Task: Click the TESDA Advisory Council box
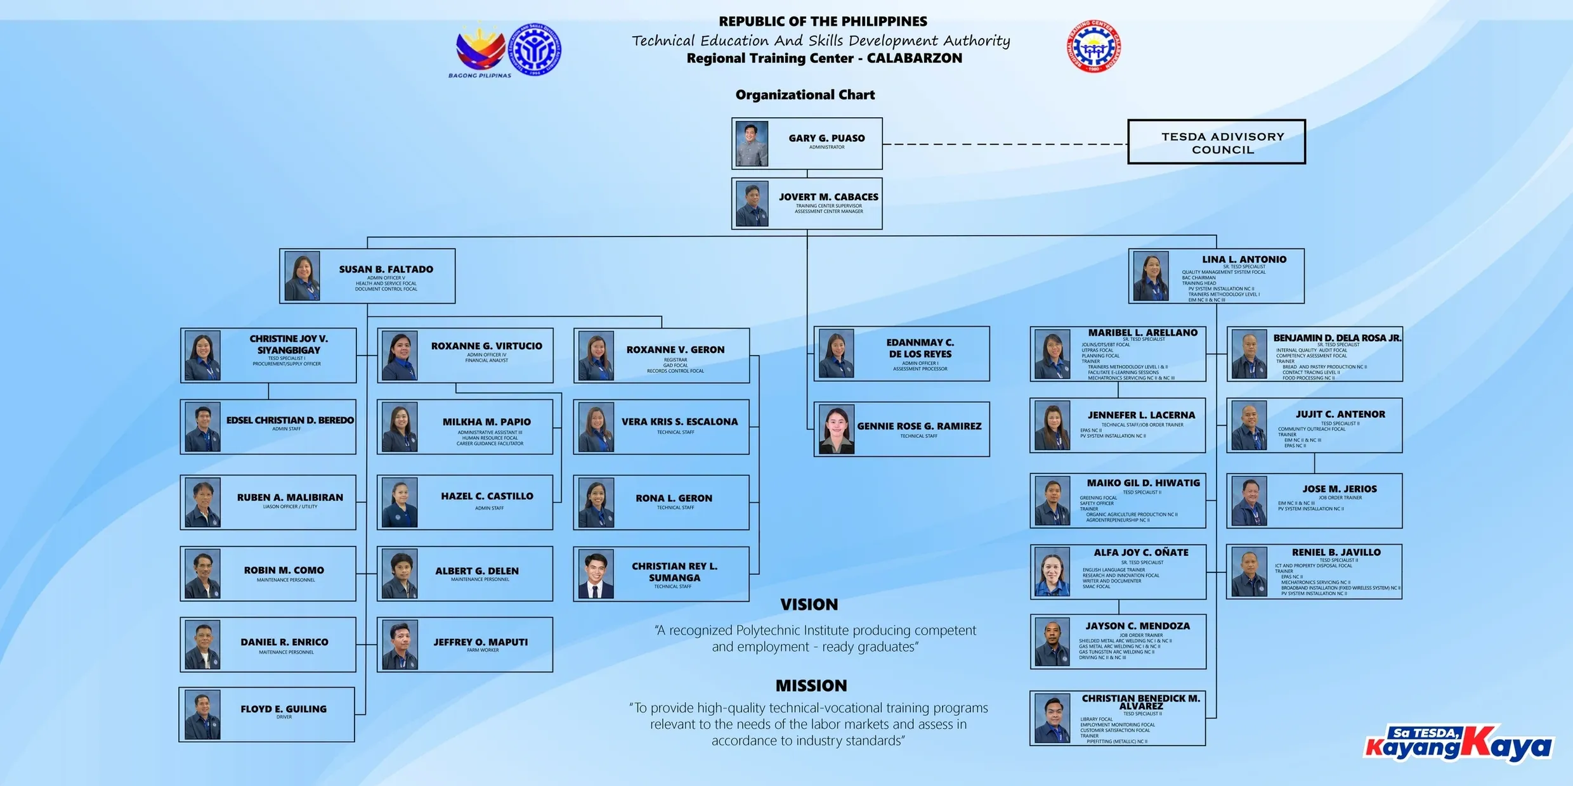click(1216, 142)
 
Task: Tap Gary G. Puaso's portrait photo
click(752, 144)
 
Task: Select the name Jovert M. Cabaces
click(828, 197)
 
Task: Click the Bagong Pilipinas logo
click(480, 51)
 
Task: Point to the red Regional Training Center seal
click(1093, 46)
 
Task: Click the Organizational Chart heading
click(805, 95)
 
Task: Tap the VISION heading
click(809, 605)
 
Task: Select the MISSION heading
click(811, 686)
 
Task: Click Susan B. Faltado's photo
click(302, 276)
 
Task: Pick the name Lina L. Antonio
click(1244, 259)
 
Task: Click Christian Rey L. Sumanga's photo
click(596, 574)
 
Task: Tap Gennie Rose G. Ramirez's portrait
click(836, 430)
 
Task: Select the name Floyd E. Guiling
click(284, 709)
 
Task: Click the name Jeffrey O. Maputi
click(480, 642)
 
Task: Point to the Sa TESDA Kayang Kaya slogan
click(1458, 742)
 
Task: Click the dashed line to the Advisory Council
click(1005, 144)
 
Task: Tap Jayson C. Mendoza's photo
click(1052, 642)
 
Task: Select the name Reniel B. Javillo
click(1336, 553)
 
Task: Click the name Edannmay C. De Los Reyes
click(920, 348)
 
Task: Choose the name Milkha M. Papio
click(486, 422)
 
